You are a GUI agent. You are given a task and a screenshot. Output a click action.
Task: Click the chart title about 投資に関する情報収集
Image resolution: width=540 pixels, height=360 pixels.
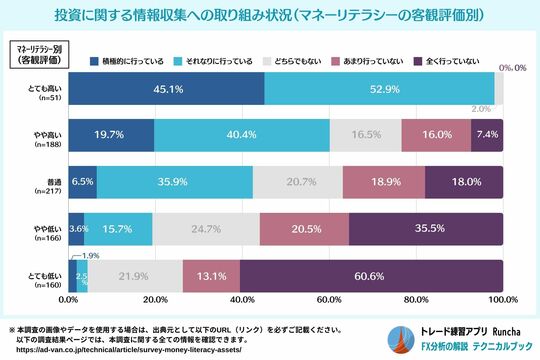tap(270, 16)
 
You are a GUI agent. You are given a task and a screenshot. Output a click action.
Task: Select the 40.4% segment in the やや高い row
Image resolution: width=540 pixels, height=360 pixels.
tap(242, 134)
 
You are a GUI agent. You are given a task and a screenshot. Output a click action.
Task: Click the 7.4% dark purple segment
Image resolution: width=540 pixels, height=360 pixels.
tap(487, 134)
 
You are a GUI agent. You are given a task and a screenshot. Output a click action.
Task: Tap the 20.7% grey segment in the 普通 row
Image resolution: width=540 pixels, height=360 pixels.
tap(297, 181)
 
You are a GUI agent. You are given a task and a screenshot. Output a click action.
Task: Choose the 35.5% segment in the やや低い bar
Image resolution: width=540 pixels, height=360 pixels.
tap(426, 228)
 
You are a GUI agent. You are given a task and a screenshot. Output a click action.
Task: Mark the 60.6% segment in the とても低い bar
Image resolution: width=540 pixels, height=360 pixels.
tap(371, 275)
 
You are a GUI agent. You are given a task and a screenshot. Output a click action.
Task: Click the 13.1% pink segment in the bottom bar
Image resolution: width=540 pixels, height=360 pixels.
tap(211, 275)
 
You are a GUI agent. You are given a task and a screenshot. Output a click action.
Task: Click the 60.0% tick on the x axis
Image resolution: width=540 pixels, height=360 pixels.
tap(329, 300)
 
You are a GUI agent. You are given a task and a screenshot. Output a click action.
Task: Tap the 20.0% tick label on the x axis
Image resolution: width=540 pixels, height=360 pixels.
tap(155, 300)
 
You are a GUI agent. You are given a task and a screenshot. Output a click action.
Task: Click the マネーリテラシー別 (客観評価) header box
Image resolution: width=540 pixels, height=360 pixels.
tap(35, 54)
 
